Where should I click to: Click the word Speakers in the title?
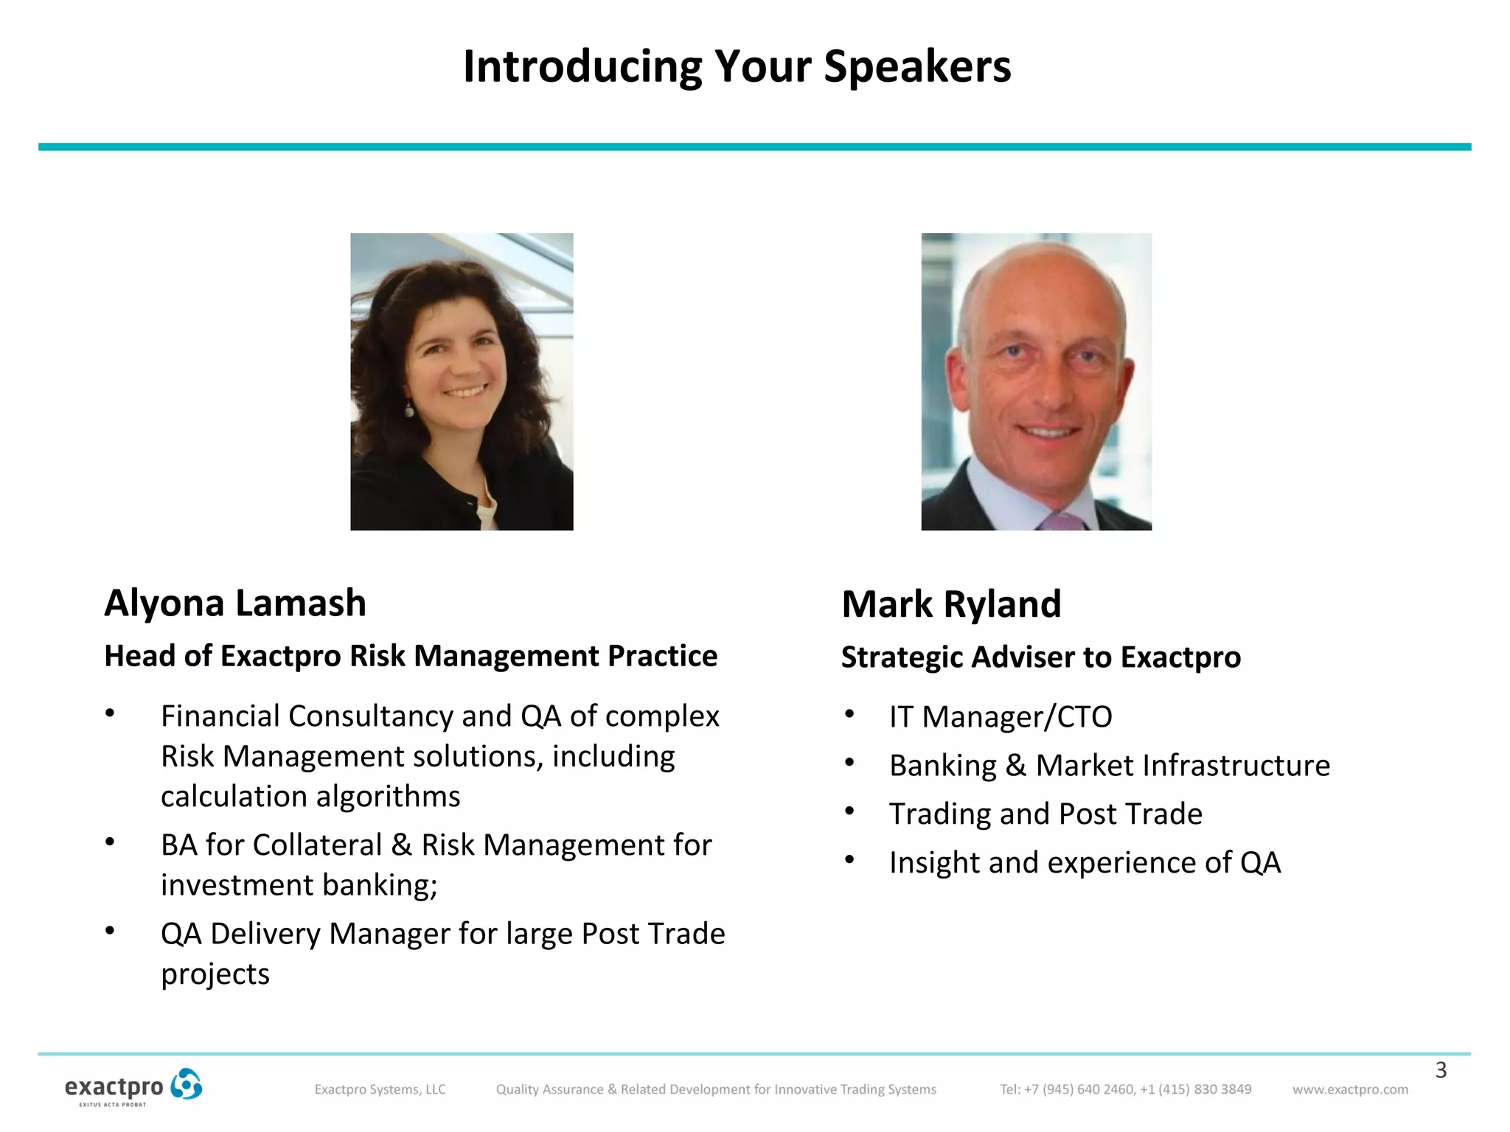pyautogui.click(x=917, y=68)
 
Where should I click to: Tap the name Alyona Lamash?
pyautogui.click(x=235, y=603)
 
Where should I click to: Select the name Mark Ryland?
pyautogui.click(x=951, y=604)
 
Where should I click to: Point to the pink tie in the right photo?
pyautogui.click(x=1062, y=521)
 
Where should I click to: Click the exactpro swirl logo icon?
pyautogui.click(x=186, y=1085)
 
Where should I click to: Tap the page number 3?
pyautogui.click(x=1441, y=1070)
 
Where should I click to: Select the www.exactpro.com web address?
pyautogui.click(x=1350, y=1089)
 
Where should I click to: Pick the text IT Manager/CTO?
pyautogui.click(x=1001, y=717)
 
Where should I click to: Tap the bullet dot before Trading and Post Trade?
pyautogui.click(x=849, y=811)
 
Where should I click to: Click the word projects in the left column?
pyautogui.click(x=215, y=974)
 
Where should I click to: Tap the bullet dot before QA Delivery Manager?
pyautogui.click(x=110, y=931)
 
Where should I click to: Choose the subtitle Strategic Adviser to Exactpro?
pyautogui.click(x=1040, y=657)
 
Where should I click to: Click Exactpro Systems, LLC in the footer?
pyautogui.click(x=380, y=1089)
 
